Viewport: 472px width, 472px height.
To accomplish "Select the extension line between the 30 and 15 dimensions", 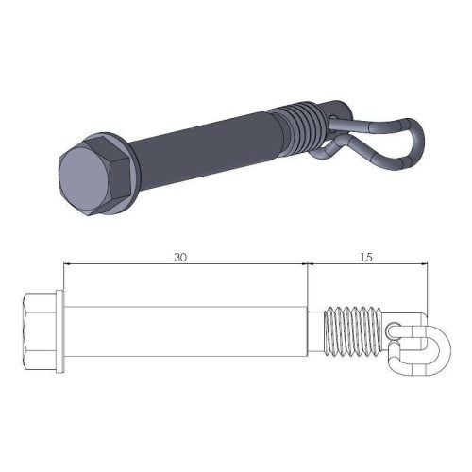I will click(309, 283).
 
